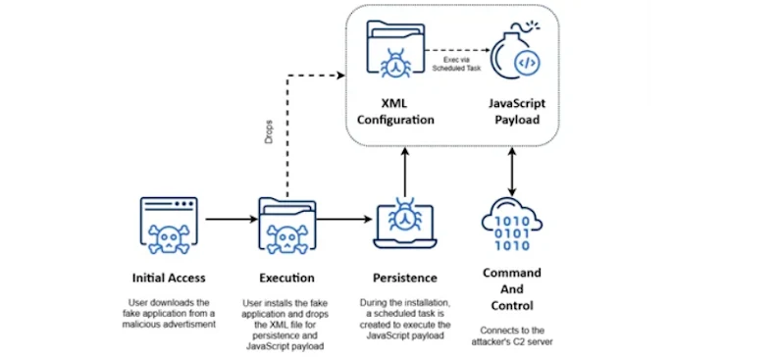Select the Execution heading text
pyautogui.click(x=287, y=278)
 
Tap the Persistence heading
pyautogui.click(x=406, y=278)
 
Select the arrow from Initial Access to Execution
pyautogui.click(x=230, y=220)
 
